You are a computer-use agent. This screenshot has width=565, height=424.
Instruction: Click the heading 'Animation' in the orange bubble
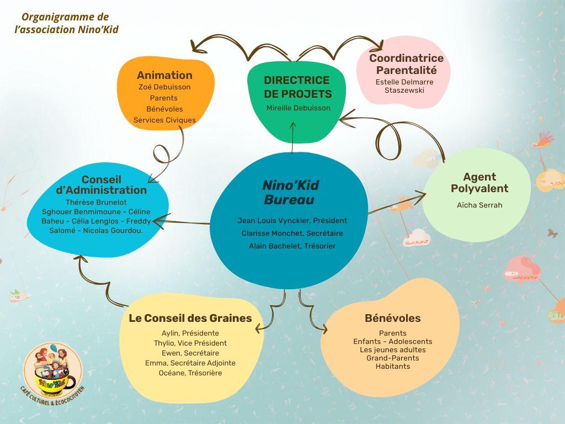pos(164,76)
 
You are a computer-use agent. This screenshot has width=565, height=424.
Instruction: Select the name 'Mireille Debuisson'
pos(299,108)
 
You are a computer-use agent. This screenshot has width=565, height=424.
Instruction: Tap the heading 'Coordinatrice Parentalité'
pos(406,65)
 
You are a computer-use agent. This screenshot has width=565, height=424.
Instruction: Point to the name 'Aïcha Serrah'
pos(479,205)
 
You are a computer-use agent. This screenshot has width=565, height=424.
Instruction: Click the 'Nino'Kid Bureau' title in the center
pos(290,192)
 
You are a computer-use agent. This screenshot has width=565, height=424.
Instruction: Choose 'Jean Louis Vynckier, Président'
pos(292,220)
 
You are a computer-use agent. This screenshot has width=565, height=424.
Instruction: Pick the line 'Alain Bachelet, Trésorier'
pos(292,246)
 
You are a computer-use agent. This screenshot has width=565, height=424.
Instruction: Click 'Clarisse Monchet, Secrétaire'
pos(292,233)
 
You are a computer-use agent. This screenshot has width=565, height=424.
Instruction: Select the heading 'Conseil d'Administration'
pos(102,185)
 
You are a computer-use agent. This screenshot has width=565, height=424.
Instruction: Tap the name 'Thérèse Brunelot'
pos(96,203)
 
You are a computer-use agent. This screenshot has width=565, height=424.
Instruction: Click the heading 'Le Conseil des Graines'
pos(190,319)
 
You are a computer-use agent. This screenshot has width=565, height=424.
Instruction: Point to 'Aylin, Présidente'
pos(190,333)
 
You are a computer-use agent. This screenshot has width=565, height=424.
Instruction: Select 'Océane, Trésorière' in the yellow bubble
pos(190,373)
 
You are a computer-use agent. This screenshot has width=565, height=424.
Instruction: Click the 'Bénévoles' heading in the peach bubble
pos(392,319)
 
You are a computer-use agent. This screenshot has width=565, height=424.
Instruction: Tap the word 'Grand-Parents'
pos(392,358)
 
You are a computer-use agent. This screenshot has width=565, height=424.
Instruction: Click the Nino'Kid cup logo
pos(53,368)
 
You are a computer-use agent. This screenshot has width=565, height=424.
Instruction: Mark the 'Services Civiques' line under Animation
pos(164,120)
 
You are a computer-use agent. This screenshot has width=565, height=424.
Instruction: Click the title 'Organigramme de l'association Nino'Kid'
pos(66,23)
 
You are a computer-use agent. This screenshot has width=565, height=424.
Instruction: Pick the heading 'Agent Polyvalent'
pos(479,183)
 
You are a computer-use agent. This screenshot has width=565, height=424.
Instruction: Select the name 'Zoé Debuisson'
pos(164,87)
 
